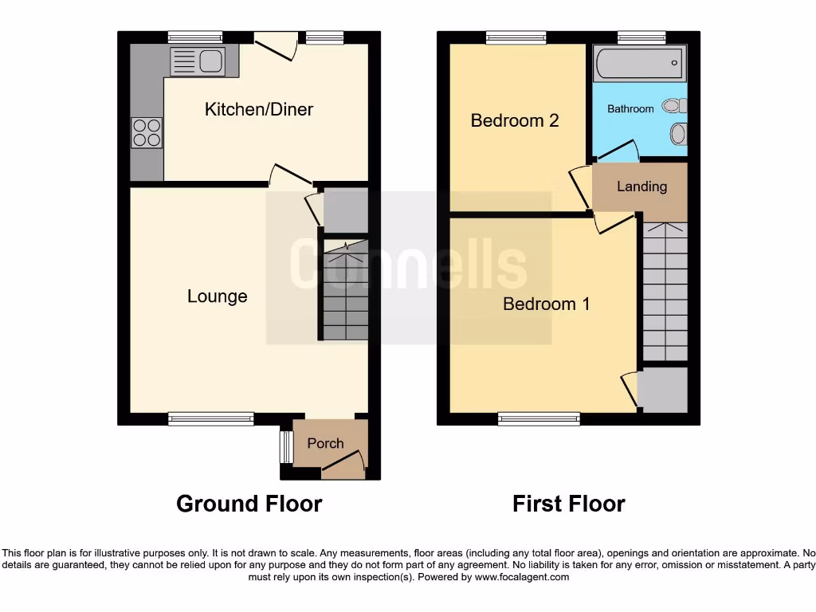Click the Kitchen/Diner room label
click(259, 109)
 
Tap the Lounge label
click(217, 296)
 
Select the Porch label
click(325, 444)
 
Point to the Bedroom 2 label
click(515, 120)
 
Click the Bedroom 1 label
click(546, 304)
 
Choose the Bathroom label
click(630, 108)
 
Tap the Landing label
click(641, 186)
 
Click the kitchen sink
click(211, 61)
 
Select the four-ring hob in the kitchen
click(147, 132)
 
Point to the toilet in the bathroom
click(676, 105)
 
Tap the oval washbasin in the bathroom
click(678, 134)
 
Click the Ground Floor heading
click(249, 504)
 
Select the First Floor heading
click(568, 504)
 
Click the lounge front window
click(211, 417)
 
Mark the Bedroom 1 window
click(539, 417)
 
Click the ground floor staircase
click(343, 291)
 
